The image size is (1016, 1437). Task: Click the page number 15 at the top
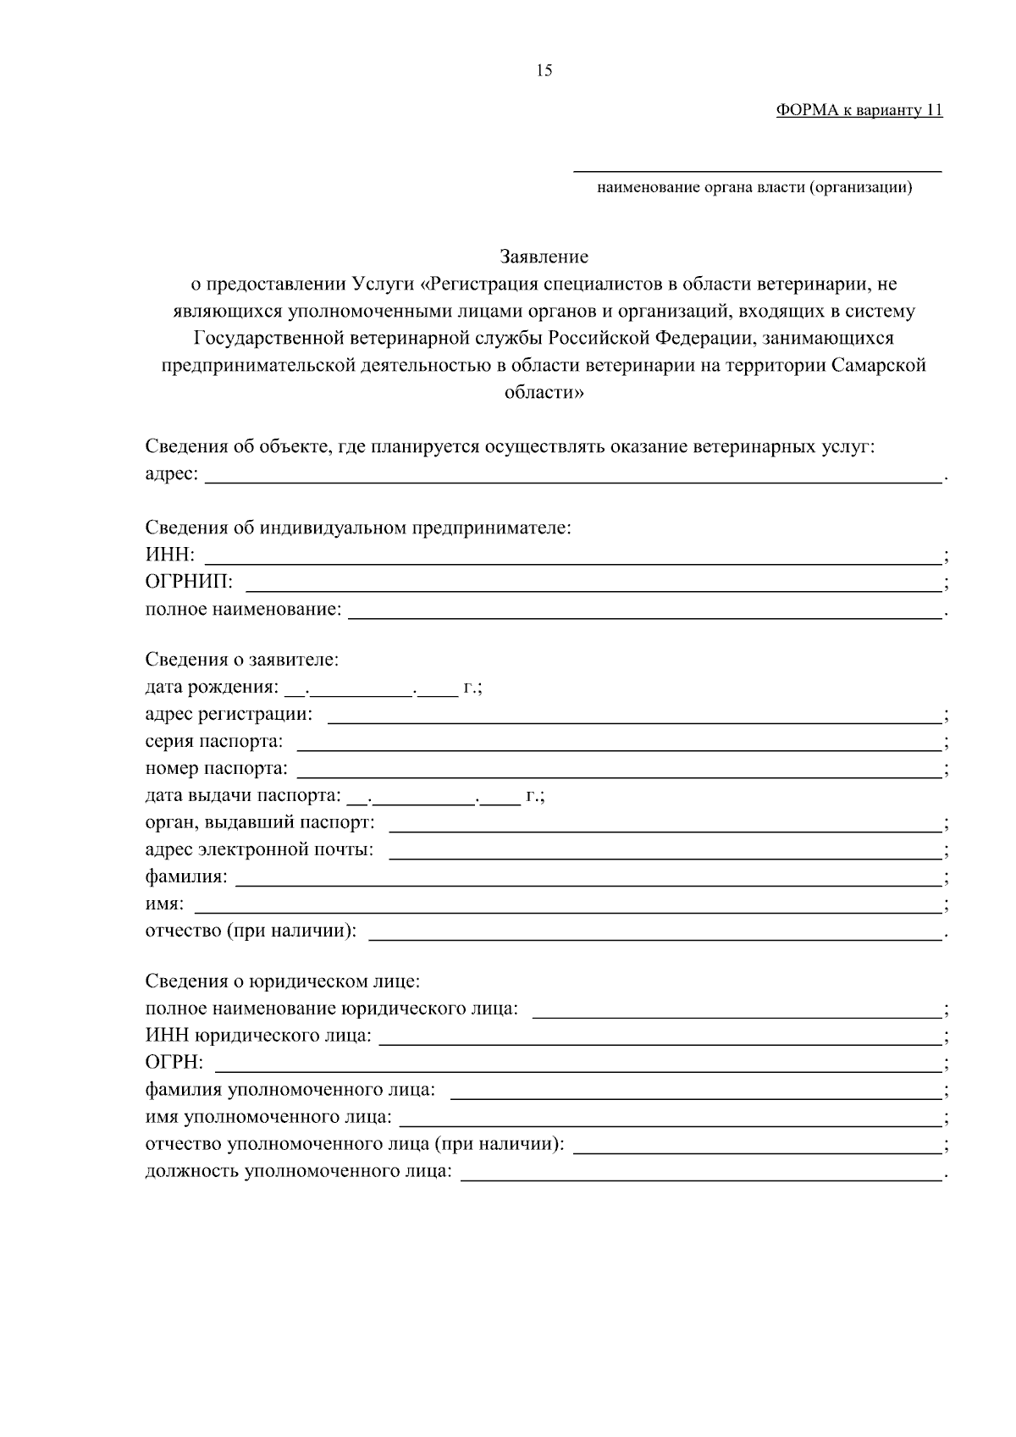coord(544,71)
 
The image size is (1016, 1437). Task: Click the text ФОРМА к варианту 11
coord(859,111)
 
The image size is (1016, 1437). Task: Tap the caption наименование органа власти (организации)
coord(754,188)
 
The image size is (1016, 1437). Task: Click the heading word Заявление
coord(544,257)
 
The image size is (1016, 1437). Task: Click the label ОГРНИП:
coord(189,583)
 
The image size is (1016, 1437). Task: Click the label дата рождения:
coord(211,687)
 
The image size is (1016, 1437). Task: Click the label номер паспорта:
coord(216,769)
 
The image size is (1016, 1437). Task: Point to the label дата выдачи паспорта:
coord(242,796)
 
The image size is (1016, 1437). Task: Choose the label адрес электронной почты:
coord(259,849)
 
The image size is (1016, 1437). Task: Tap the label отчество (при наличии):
coord(251,931)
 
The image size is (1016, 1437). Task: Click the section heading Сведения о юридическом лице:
coord(283,982)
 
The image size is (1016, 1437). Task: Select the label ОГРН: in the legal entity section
coord(174,1063)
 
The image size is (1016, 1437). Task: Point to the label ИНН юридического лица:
coord(258,1036)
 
